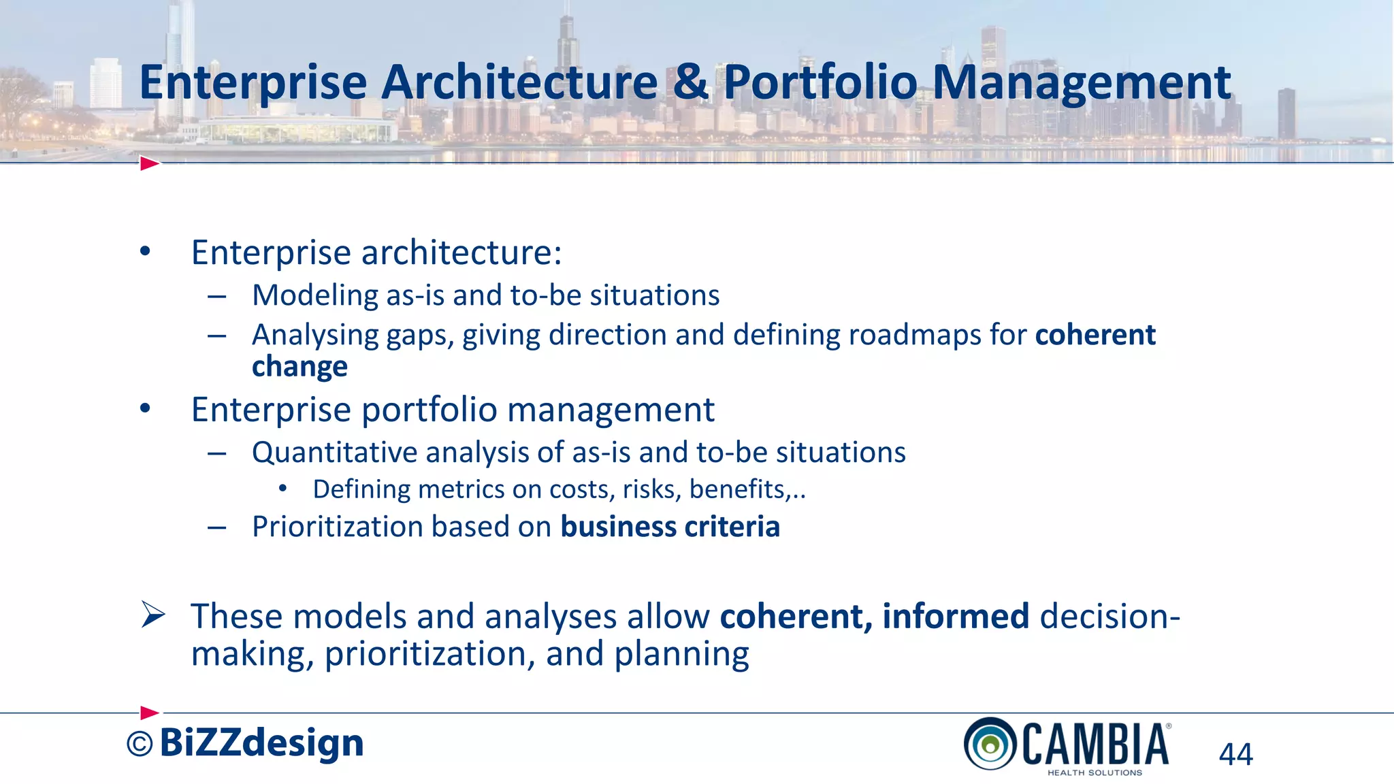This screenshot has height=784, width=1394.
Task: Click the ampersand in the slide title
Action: [x=692, y=82]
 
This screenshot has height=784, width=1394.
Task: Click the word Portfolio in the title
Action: [x=820, y=82]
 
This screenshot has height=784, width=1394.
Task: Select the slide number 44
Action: [x=1235, y=754]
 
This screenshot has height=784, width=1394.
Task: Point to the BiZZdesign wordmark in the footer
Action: [x=262, y=742]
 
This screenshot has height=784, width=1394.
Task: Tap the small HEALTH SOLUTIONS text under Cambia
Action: [x=1095, y=773]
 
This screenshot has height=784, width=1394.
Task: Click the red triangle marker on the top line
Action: [x=149, y=163]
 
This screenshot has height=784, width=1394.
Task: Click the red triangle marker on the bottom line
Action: [x=149, y=713]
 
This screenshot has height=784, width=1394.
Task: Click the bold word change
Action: [x=299, y=367]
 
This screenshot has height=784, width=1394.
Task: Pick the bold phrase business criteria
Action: [x=670, y=527]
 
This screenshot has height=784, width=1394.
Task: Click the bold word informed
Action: [x=956, y=616]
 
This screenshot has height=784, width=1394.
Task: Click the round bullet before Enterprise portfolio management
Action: [x=145, y=409]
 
